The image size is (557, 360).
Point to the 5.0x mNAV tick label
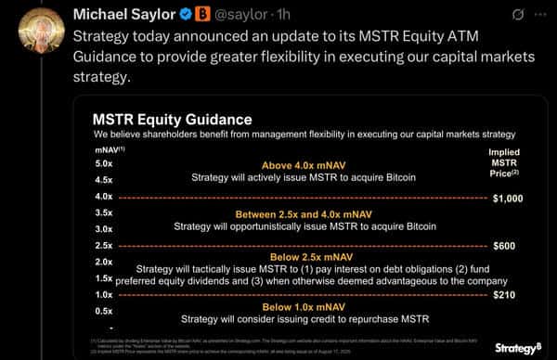(104, 163)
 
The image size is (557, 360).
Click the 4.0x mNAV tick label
(104, 196)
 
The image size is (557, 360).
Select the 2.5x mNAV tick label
(104, 245)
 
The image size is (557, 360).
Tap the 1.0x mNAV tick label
(104, 294)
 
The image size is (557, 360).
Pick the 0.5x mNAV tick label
(104, 311)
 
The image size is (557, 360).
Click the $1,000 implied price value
(509, 198)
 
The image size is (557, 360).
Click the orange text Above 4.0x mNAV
(303, 164)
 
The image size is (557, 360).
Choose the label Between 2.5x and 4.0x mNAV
(303, 213)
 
